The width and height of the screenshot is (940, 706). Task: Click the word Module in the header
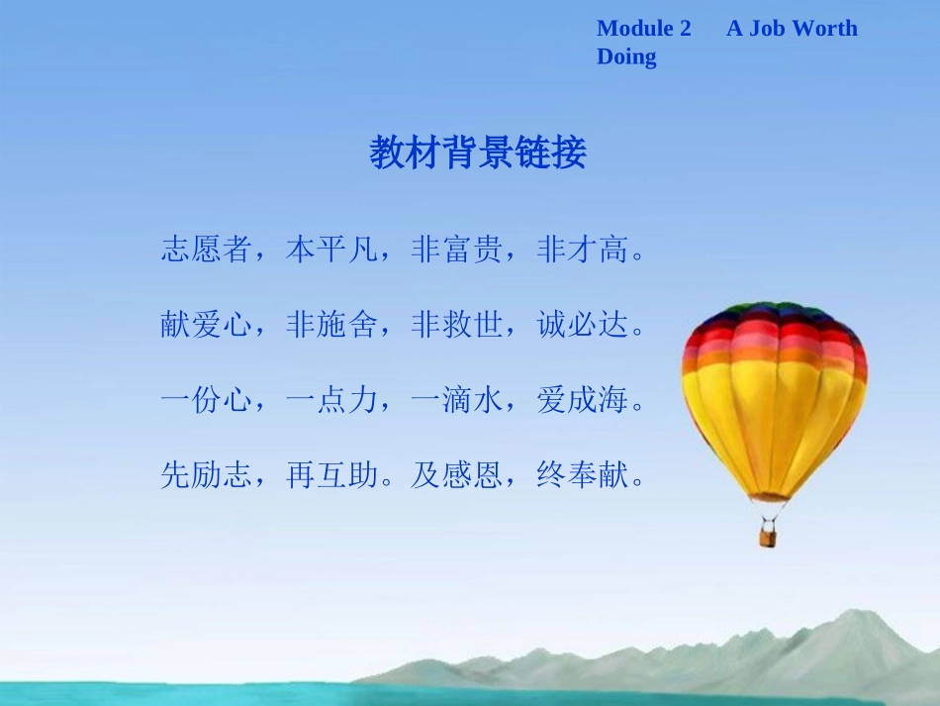[633, 29]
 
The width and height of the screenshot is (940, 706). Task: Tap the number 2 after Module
[686, 29]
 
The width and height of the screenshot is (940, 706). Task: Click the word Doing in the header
[626, 56]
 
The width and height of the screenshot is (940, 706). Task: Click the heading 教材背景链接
[479, 152]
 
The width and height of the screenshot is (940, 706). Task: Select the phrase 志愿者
[207, 250]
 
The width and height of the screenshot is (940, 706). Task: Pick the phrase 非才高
[582, 250]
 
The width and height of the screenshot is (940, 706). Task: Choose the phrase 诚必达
[582, 325]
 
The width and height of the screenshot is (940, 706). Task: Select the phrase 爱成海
[582, 401]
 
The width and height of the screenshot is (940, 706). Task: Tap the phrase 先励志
[207, 477]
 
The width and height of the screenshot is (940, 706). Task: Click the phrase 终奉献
[582, 477]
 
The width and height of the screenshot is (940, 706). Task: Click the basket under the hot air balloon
[768, 537]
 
